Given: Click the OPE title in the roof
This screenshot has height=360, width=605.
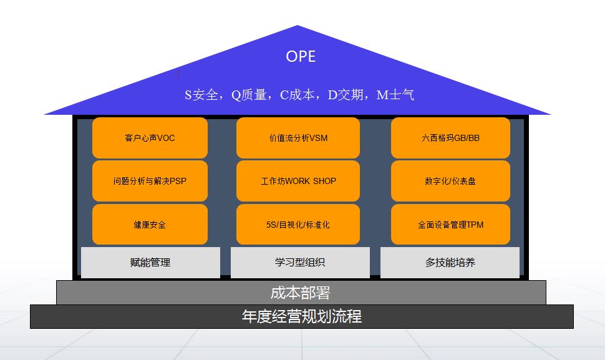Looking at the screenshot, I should pyautogui.click(x=301, y=56).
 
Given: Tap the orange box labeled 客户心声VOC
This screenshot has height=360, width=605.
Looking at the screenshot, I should pyautogui.click(x=150, y=138).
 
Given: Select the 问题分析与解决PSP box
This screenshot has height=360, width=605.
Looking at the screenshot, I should pyautogui.click(x=150, y=181).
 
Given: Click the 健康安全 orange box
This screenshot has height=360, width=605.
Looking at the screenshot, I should pyautogui.click(x=150, y=224).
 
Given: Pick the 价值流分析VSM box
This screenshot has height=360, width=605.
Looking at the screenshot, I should pyautogui.click(x=298, y=138).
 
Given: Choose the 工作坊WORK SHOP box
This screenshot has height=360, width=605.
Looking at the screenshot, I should pyautogui.click(x=298, y=181).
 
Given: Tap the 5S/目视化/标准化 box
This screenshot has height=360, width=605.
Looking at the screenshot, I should pyautogui.click(x=298, y=224).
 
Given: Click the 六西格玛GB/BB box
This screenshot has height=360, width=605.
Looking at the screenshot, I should pyautogui.click(x=450, y=138).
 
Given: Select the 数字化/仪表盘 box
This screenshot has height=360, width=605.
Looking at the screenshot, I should pyautogui.click(x=450, y=181).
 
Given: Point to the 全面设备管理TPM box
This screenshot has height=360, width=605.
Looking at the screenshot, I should pyautogui.click(x=450, y=224).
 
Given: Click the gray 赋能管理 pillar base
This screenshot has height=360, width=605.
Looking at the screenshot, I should pyautogui.click(x=150, y=263).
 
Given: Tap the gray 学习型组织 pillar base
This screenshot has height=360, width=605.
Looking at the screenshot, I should pyautogui.click(x=300, y=263).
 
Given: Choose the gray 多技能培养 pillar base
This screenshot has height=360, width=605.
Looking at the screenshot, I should pyautogui.click(x=450, y=263).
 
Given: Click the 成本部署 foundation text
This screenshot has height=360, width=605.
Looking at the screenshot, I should pyautogui.click(x=301, y=293).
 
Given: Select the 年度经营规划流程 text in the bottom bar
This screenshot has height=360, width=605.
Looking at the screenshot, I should pyautogui.click(x=302, y=316).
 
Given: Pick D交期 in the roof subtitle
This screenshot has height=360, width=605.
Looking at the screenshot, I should pyautogui.click(x=347, y=95).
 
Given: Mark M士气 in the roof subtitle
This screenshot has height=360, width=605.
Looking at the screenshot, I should pyautogui.click(x=395, y=95).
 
